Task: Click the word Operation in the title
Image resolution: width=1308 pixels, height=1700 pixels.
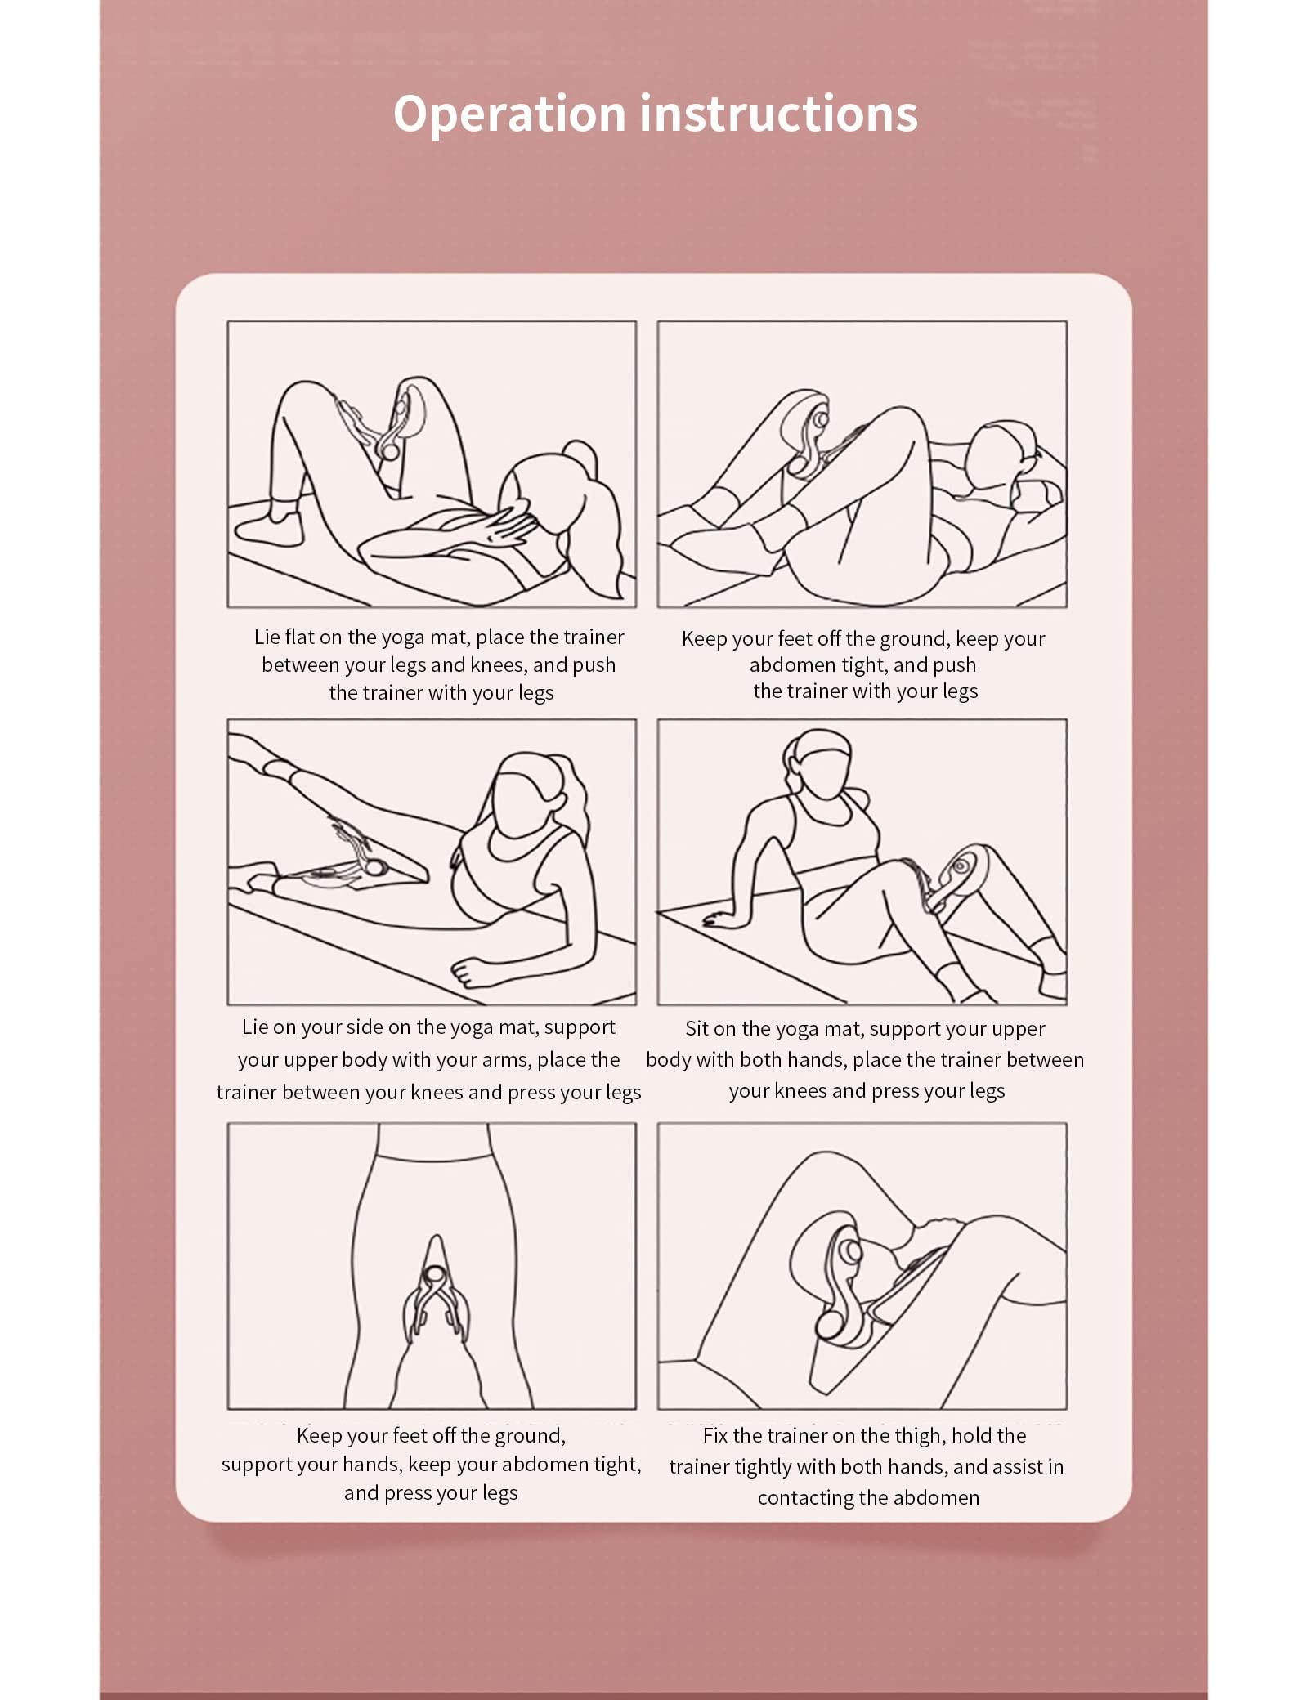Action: [509, 114]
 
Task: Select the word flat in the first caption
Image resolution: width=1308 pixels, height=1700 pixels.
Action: [300, 637]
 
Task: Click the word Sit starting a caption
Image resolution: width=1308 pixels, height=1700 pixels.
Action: [697, 1028]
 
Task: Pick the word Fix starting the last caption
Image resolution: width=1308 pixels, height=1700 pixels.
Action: [715, 1435]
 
